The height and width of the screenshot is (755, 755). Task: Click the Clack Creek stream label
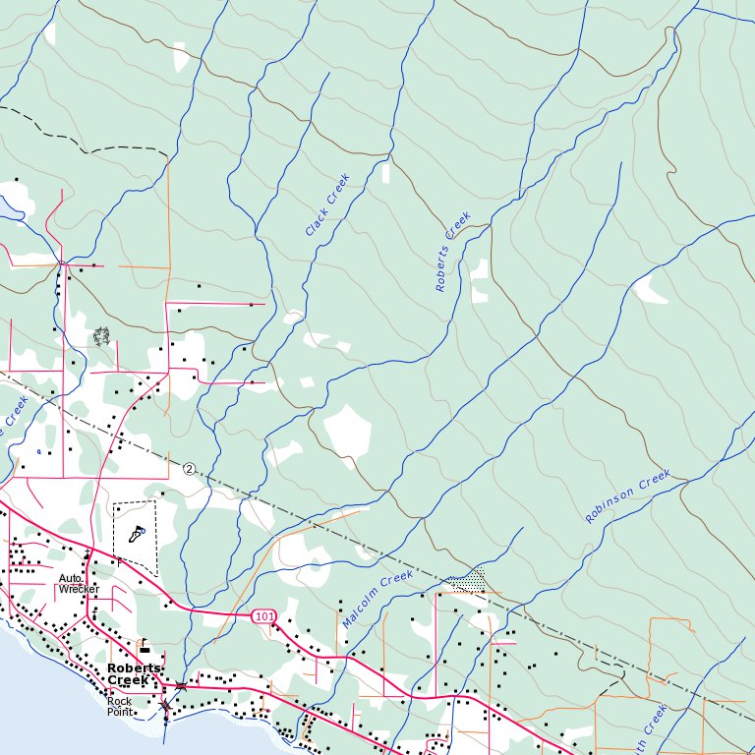pyautogui.click(x=327, y=204)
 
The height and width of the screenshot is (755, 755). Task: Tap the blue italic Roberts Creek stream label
pyautogui.click(x=453, y=252)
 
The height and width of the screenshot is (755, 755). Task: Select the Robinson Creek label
pyautogui.click(x=627, y=496)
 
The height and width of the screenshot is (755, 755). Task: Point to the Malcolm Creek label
pyautogui.click(x=377, y=600)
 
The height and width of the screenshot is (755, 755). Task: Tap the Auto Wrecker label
pyautogui.click(x=79, y=584)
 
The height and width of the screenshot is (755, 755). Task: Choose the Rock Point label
pyautogui.click(x=120, y=707)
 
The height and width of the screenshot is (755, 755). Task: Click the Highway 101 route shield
pyautogui.click(x=262, y=615)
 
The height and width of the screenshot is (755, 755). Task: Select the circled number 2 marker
pyautogui.click(x=189, y=469)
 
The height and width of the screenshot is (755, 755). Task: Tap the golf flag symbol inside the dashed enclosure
pyautogui.click(x=137, y=534)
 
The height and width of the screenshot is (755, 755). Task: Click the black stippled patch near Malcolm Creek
pyautogui.click(x=470, y=582)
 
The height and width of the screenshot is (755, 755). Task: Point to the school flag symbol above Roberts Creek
pyautogui.click(x=145, y=647)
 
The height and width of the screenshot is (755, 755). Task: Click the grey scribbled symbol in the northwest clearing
pyautogui.click(x=100, y=337)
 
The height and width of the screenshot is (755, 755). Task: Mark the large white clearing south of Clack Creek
pyautogui.click(x=347, y=431)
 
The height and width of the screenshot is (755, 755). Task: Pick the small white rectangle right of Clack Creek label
pyautogui.click(x=385, y=172)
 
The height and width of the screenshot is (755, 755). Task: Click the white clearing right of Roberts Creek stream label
pyautogui.click(x=479, y=280)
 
